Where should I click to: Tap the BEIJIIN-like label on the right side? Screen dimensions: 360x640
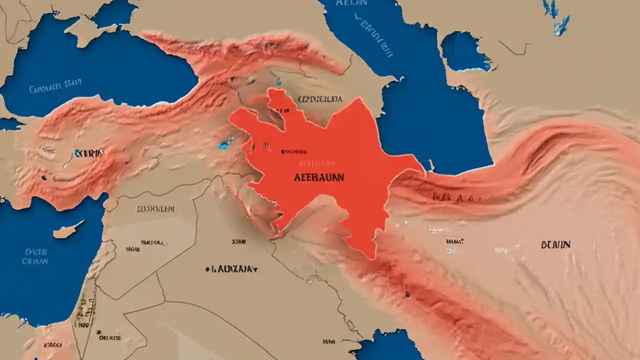click(555, 245)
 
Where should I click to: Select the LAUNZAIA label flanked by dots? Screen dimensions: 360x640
click(231, 268)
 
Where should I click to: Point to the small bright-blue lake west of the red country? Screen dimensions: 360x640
click(225, 144)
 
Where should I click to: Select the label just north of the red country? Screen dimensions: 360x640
click(320, 99)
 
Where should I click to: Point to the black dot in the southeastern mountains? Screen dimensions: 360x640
click(408, 294)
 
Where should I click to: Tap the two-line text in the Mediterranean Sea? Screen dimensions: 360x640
click(36, 256)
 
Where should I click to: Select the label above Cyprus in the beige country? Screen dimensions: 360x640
click(155, 208)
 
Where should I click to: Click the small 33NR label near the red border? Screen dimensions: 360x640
click(239, 241)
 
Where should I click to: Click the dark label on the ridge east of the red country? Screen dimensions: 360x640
click(455, 197)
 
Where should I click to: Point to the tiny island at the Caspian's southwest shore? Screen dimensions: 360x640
click(430, 163)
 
